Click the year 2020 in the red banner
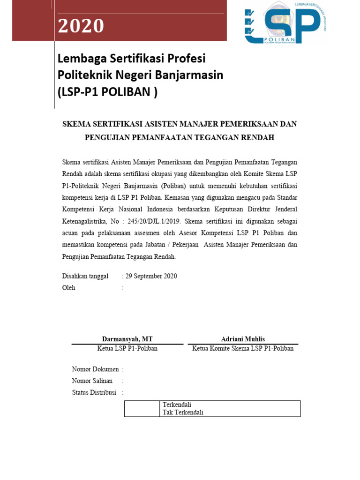pos(81,26)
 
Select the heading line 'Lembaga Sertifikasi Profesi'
pos(132,59)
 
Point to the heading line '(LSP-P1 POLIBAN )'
pos(107,92)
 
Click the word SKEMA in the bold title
pos(77,124)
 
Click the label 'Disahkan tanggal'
pos(85,276)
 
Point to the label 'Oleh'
pos(69,288)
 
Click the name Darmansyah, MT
pos(127,339)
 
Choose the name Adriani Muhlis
pos(243,339)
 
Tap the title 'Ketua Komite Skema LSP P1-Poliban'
pos(243,348)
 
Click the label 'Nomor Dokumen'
pos(95,369)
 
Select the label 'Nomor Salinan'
pos(92,381)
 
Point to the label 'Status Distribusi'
pos(94,392)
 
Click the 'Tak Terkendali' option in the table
pos(183,412)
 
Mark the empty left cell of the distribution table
pos(142,409)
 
